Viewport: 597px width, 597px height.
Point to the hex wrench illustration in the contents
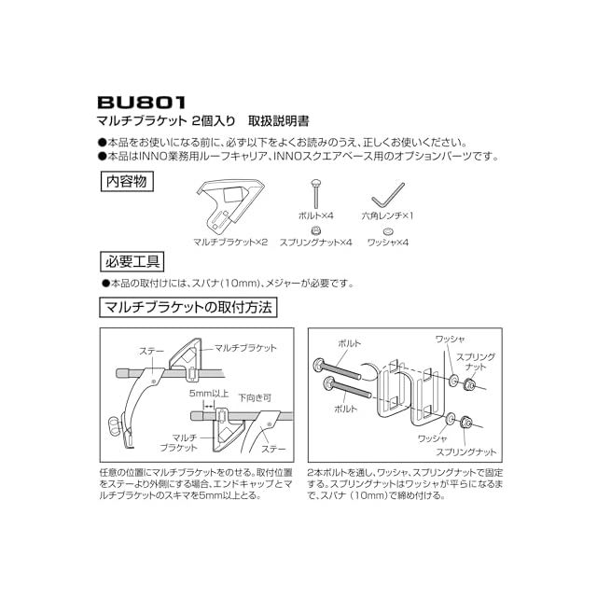(x=387, y=200)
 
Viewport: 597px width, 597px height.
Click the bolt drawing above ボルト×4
(x=316, y=197)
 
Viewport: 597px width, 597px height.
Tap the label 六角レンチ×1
(x=387, y=215)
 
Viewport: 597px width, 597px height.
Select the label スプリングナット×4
(x=315, y=242)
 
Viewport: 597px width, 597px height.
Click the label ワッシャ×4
(x=388, y=242)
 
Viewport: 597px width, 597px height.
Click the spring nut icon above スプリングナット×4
(x=316, y=229)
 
